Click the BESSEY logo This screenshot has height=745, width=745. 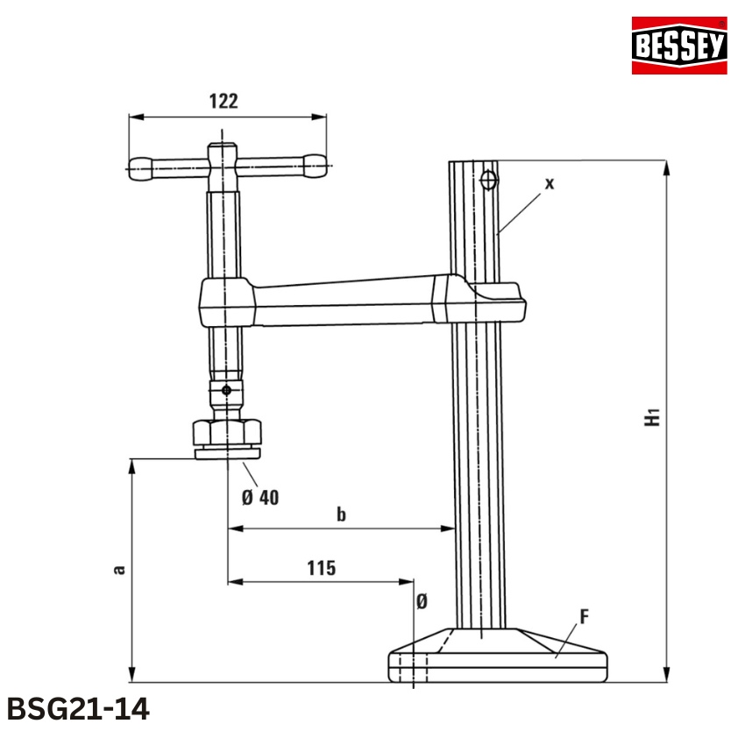point(679,46)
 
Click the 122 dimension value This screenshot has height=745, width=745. point(223,101)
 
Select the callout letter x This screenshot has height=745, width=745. point(550,183)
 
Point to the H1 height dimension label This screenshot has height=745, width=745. point(650,416)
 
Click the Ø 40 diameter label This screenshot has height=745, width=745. point(259,497)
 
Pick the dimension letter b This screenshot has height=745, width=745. point(342,514)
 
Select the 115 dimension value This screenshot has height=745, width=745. point(321,568)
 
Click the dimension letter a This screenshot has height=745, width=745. point(119,569)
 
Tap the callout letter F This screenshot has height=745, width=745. point(584,616)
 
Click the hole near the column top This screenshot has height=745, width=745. point(488,181)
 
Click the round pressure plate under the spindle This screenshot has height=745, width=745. point(228,452)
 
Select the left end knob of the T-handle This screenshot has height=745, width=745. point(140,164)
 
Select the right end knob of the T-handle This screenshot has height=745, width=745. point(313,162)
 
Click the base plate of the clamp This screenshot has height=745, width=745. point(497,663)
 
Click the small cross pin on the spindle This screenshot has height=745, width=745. point(227,390)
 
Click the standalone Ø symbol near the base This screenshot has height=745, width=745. point(422,601)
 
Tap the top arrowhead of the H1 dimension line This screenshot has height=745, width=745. point(668,167)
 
